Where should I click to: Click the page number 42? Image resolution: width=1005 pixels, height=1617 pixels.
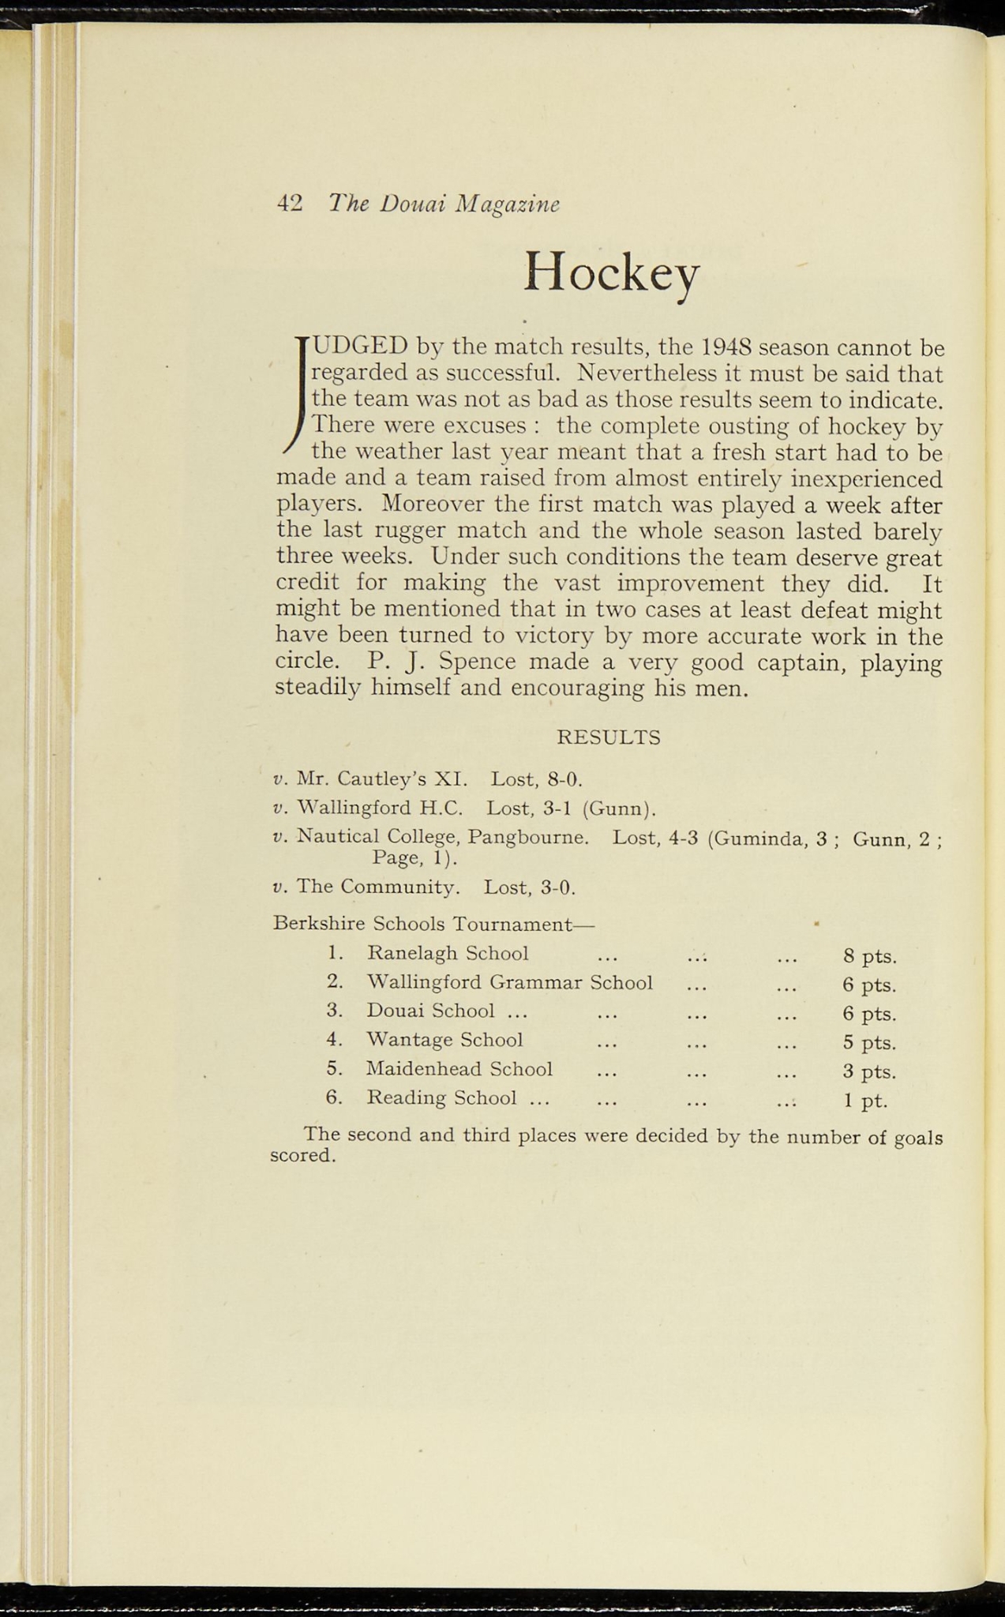point(290,204)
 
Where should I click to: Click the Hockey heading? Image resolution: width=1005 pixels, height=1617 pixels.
point(611,272)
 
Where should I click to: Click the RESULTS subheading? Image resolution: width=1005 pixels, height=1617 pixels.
point(609,737)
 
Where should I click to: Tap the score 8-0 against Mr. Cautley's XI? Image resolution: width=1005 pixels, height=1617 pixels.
point(564,780)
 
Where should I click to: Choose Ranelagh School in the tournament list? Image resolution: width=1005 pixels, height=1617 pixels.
point(448,954)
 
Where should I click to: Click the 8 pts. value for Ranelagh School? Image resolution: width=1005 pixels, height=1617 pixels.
point(869,957)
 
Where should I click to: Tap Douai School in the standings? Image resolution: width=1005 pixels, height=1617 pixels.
point(431,1011)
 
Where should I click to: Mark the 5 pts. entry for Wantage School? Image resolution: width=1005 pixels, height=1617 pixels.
point(869,1043)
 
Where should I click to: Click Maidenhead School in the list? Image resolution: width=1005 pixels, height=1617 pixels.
point(459,1070)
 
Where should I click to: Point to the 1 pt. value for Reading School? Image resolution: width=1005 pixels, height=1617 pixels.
point(865,1101)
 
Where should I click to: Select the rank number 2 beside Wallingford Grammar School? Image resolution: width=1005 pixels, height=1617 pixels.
point(333,982)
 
